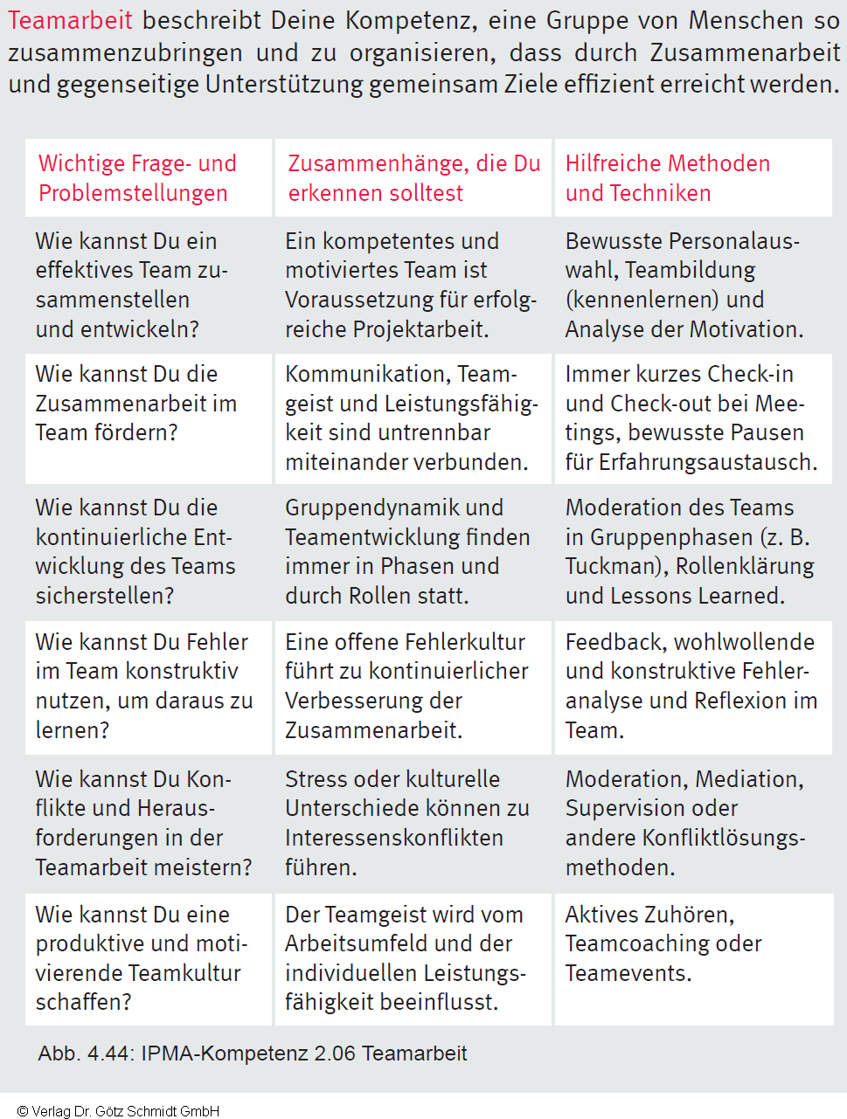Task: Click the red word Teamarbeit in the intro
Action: pos(71,20)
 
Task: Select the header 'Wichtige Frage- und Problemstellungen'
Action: pos(137,178)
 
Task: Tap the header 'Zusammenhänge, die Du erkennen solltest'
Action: pos(413,178)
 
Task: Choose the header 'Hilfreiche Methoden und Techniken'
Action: pos(667,178)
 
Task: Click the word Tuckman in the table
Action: pos(611,566)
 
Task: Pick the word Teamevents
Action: pos(628,973)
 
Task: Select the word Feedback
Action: pos(614,642)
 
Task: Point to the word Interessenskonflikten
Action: pos(394,838)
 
